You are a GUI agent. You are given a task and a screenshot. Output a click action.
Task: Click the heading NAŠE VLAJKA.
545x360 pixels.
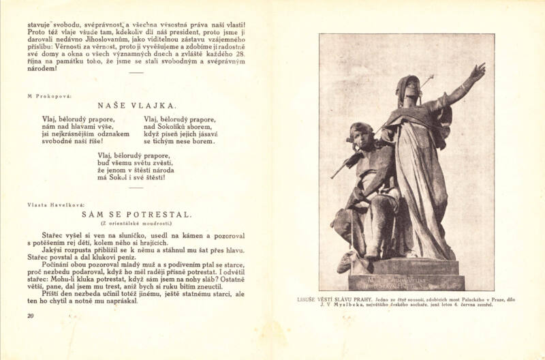[136, 106]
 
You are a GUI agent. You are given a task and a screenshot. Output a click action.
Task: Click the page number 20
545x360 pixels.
[30, 316]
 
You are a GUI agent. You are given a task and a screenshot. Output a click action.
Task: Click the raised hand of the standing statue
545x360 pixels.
[478, 70]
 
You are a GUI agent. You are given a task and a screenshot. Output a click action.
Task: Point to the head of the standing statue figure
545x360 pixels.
[409, 87]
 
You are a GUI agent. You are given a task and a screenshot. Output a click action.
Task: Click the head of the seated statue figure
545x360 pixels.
[360, 133]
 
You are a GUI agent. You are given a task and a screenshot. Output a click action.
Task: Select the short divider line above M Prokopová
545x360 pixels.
[136, 72]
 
